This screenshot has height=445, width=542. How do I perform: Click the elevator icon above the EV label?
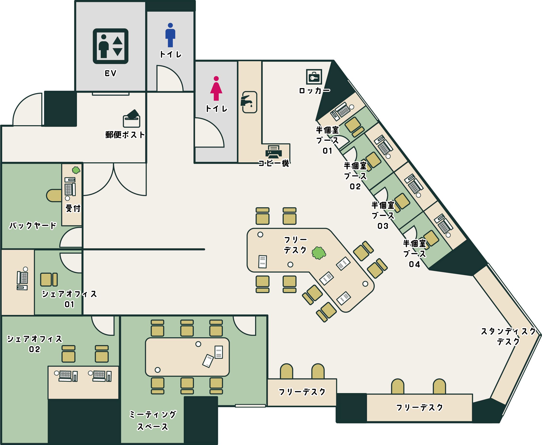(x=110, y=46)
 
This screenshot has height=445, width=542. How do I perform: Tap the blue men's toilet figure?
(x=170, y=35)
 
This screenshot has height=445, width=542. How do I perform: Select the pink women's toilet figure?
(x=216, y=88)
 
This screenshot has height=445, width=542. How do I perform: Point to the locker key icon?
(x=314, y=77)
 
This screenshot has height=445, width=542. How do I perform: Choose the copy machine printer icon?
(x=274, y=152)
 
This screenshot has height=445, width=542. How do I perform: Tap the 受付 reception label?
(x=73, y=208)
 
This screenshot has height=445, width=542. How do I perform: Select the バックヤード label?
(x=33, y=226)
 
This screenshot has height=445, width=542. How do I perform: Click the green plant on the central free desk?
(x=319, y=253)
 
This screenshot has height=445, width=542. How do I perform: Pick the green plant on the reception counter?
(x=76, y=170)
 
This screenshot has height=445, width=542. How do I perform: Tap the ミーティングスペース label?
(x=153, y=421)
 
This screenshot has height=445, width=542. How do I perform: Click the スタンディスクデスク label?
(x=508, y=336)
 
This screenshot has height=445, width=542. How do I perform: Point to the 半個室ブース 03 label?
(x=383, y=215)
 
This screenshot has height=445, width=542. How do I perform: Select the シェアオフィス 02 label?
(x=34, y=344)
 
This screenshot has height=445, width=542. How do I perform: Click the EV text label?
(x=110, y=74)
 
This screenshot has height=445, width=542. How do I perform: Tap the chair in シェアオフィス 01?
(x=49, y=280)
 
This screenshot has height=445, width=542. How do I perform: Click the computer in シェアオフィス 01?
(x=22, y=279)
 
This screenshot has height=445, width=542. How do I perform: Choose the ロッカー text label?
(x=315, y=91)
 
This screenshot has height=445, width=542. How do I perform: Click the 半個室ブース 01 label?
(x=327, y=140)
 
